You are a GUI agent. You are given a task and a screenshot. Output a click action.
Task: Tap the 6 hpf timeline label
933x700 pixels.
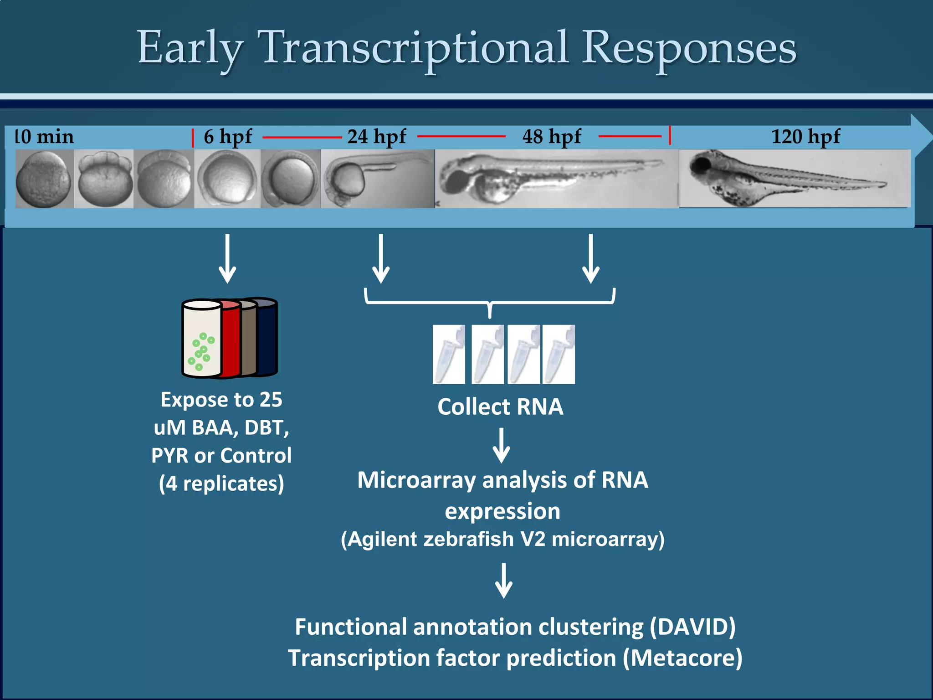coord(227,136)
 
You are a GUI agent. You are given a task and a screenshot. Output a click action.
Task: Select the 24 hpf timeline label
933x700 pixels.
coord(376,136)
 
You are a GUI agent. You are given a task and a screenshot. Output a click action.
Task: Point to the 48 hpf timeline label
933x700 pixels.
coord(551,136)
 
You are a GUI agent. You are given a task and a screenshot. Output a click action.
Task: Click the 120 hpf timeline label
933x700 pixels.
coord(805,136)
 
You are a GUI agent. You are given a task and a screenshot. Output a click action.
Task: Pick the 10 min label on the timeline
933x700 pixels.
coord(44,137)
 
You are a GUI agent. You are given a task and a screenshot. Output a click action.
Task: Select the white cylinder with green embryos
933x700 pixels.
coord(201,339)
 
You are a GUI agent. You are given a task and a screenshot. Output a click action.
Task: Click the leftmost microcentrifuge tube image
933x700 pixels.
coord(449,354)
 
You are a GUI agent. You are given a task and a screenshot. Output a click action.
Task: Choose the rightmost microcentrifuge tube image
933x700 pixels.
coord(559,354)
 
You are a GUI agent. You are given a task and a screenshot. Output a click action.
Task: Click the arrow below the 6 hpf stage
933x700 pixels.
coord(227,258)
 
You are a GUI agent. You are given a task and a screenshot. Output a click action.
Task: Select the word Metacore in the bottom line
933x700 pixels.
coord(682,658)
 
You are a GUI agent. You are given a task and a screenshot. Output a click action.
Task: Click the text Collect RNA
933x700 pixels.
coord(500,407)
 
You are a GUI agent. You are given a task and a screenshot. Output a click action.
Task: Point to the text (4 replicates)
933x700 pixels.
coord(221,484)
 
